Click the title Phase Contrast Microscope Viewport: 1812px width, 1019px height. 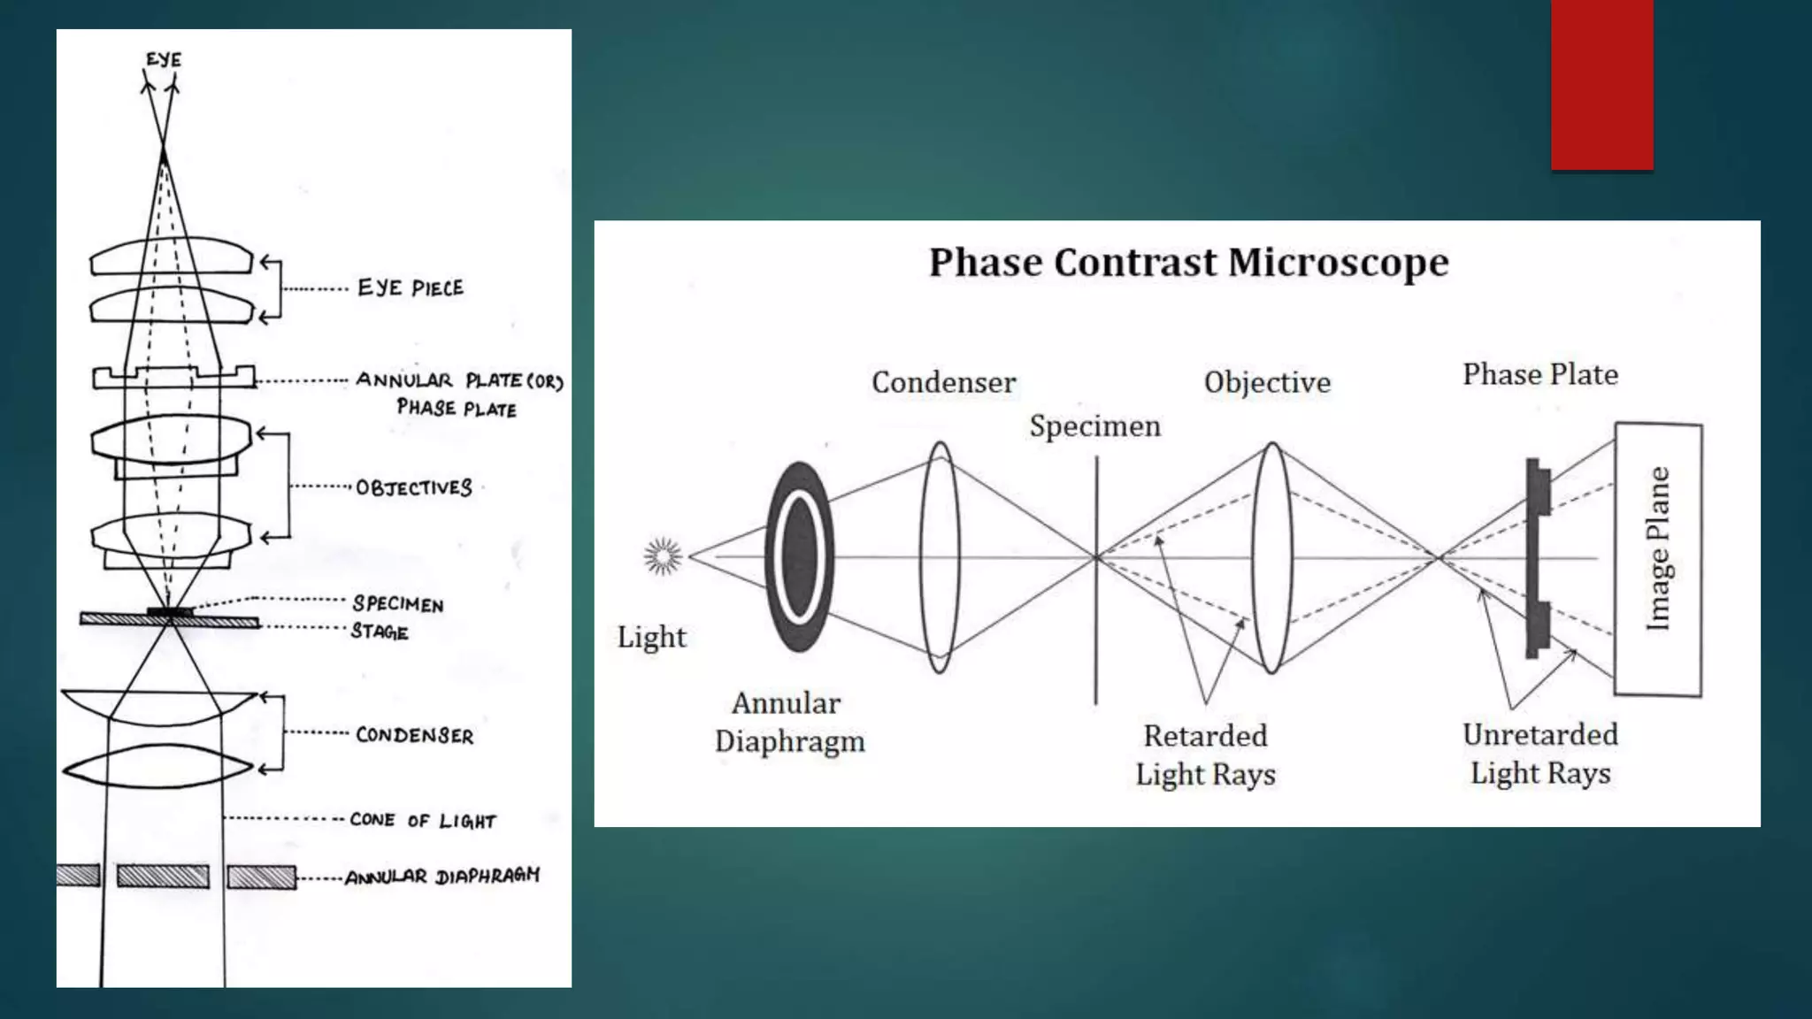pos(1188,263)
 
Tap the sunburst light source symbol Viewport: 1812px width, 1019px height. pos(663,556)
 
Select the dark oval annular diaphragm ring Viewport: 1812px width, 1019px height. pos(799,556)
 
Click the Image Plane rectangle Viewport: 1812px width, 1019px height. pos(1658,559)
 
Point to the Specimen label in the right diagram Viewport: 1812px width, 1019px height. pos(1094,426)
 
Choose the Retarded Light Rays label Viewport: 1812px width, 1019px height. pos(1205,755)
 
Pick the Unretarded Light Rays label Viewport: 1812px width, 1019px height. pos(1540,754)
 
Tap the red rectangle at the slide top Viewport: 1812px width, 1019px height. pos(1601,84)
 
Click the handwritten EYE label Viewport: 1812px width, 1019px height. pos(164,59)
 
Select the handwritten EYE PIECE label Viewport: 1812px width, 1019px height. pos(411,287)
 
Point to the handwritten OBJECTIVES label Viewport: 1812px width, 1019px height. pos(414,487)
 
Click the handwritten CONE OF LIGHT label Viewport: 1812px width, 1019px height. pos(423,820)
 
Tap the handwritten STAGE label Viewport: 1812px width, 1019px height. pos(380,632)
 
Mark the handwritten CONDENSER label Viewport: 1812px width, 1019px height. pos(414,735)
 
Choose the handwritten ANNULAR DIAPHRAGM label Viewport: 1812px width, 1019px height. pos(441,876)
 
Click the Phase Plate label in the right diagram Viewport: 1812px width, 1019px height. pos(1539,374)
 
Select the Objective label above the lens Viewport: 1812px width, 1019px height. pos(1267,382)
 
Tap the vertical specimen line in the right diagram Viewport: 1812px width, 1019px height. pos(1096,619)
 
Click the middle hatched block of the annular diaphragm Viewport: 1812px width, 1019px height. pos(164,876)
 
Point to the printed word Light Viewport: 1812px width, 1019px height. pos(651,637)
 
